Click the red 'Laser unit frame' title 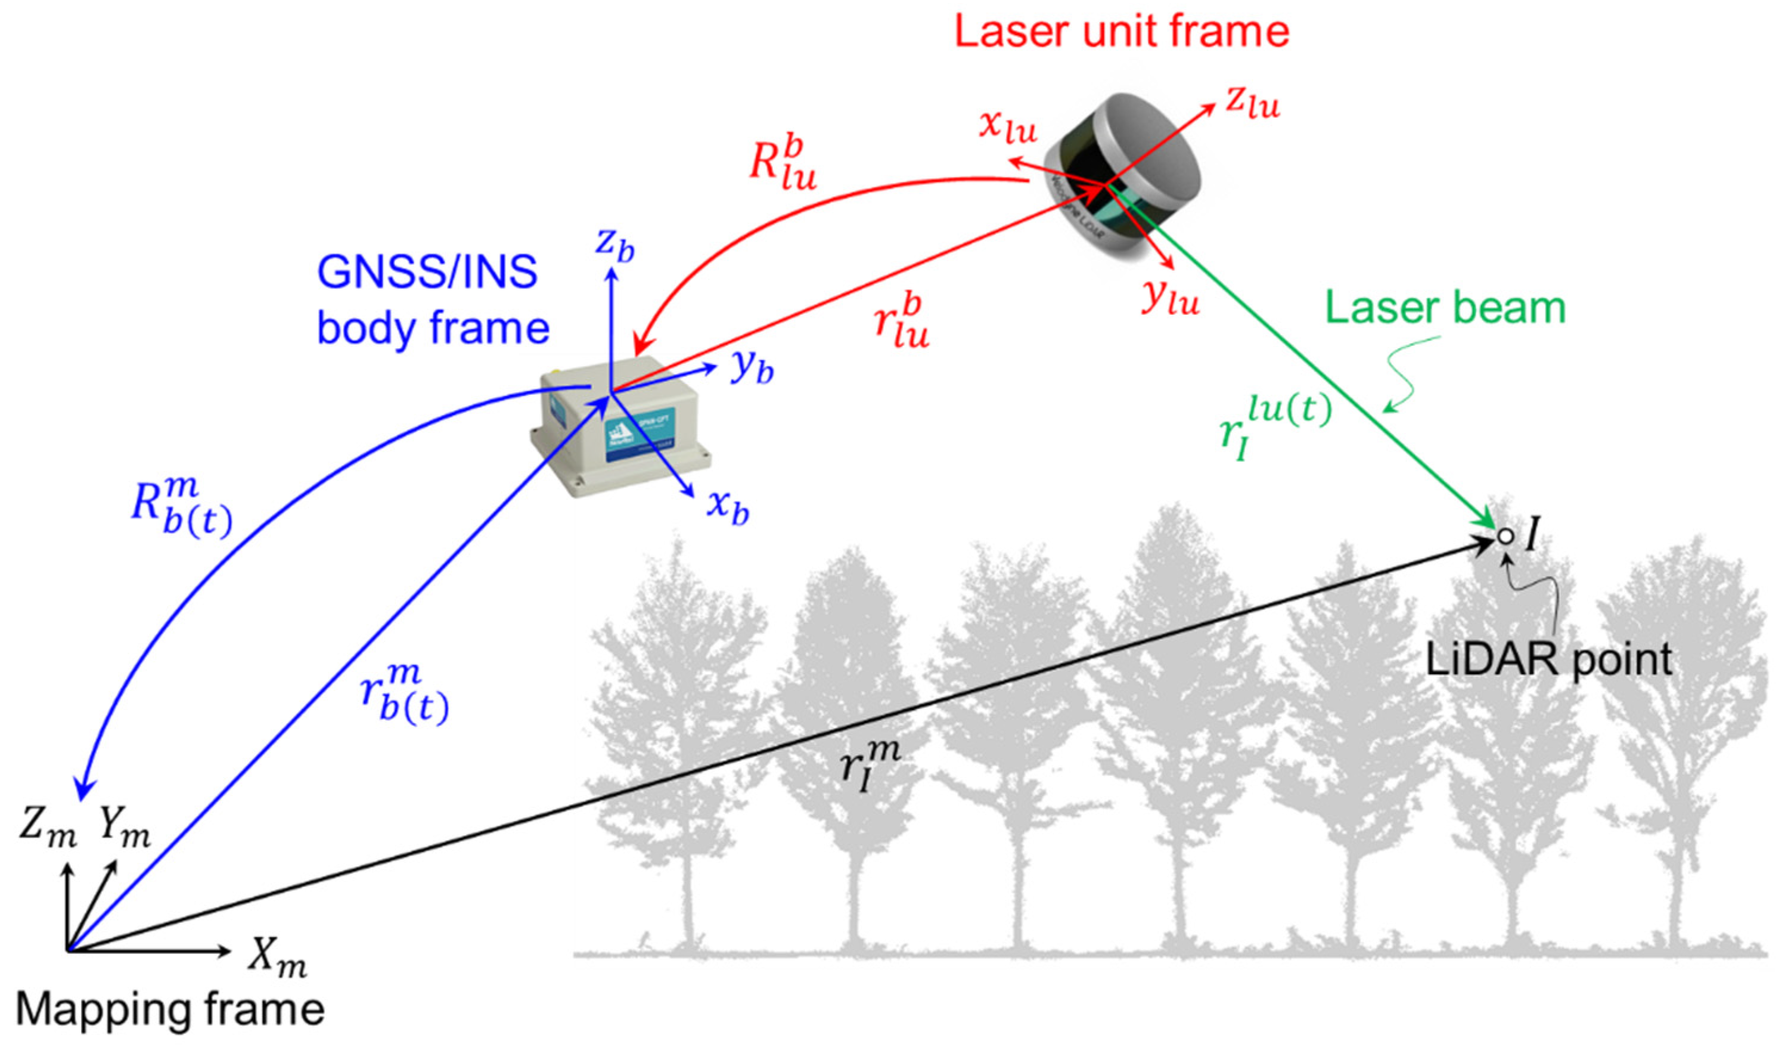coord(1121,32)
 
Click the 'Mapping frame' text coord(170,1009)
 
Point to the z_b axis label coord(614,245)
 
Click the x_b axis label coord(728,507)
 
